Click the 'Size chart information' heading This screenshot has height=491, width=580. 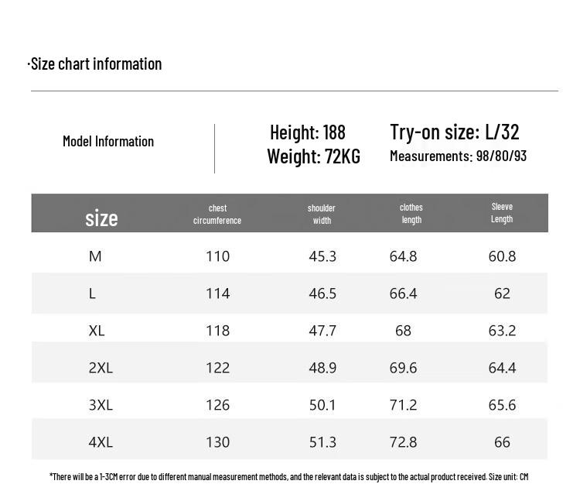[x=94, y=64]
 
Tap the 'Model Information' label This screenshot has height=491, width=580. [x=108, y=141]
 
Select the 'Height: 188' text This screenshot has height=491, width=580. [x=308, y=132]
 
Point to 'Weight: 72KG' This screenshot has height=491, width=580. [x=314, y=156]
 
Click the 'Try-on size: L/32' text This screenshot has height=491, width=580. [x=455, y=132]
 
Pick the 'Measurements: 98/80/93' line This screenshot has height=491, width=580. [x=459, y=156]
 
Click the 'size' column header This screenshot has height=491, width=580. [x=101, y=218]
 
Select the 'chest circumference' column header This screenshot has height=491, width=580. [x=217, y=215]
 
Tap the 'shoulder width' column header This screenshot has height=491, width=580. [x=322, y=215]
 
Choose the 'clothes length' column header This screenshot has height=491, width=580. [x=411, y=214]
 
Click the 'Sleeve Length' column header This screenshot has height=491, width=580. [x=502, y=213]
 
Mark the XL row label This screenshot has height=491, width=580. [x=97, y=331]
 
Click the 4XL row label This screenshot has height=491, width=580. [x=101, y=442]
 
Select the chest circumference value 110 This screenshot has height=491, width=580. [x=218, y=256]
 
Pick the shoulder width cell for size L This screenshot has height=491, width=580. [x=322, y=294]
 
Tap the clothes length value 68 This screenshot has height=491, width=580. [x=403, y=331]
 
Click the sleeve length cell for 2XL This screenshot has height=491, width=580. [x=502, y=368]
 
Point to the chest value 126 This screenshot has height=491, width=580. [x=218, y=405]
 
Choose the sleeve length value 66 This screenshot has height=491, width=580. [x=502, y=442]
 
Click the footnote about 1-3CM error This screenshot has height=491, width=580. [x=289, y=476]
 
